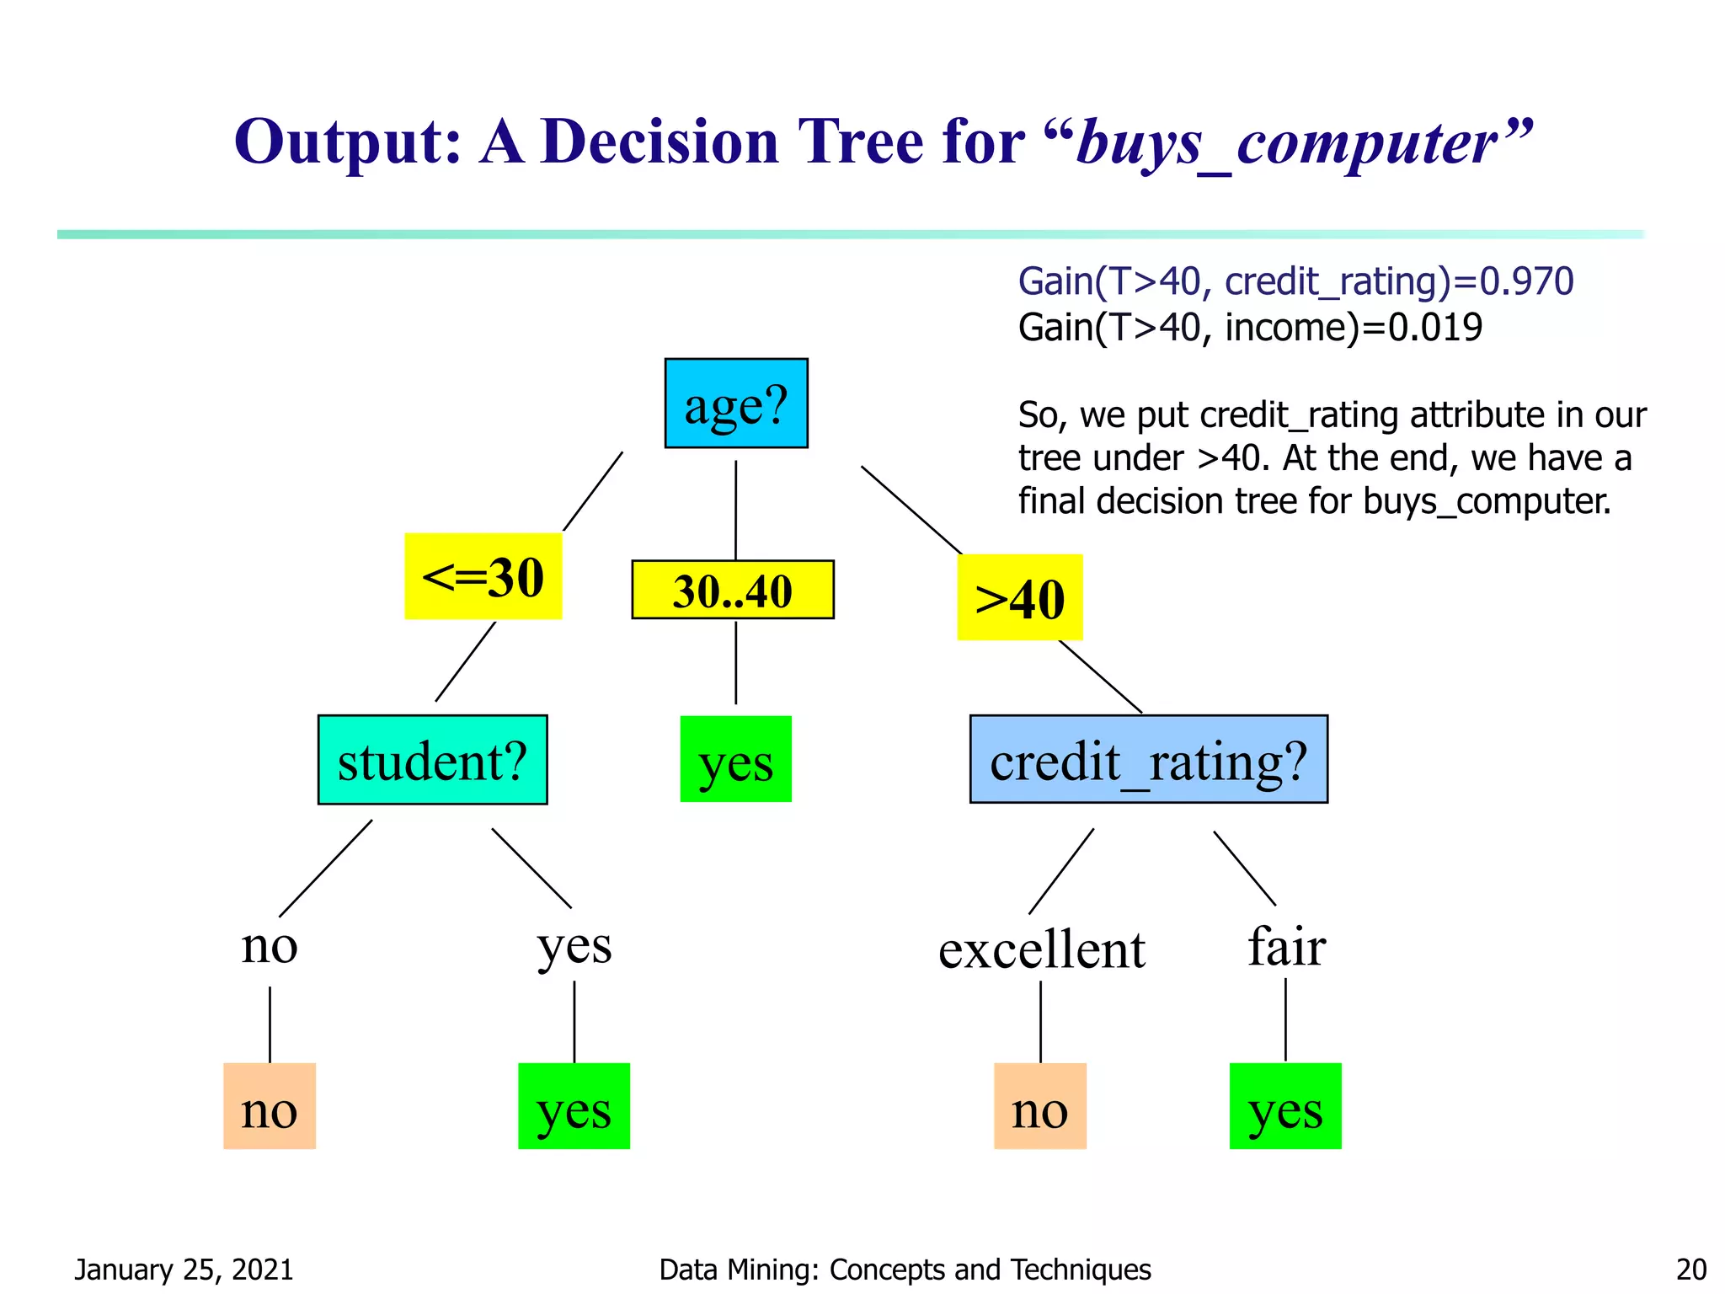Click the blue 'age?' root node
[x=736, y=404]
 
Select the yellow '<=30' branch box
[x=483, y=577]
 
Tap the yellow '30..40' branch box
[x=733, y=590]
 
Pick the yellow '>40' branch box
[x=1019, y=598]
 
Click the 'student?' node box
[x=432, y=760]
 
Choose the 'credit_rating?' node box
[x=1148, y=760]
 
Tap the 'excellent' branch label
[x=1041, y=949]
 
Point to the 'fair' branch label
[x=1286, y=946]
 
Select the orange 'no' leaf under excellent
[x=1039, y=1107]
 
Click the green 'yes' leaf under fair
[x=1285, y=1107]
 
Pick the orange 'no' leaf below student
[x=270, y=1107]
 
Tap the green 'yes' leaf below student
[x=574, y=1107]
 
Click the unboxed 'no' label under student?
[x=270, y=945]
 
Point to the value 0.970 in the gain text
[x=1526, y=281]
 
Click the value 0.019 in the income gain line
[x=1435, y=328]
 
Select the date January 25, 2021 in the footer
[x=184, y=1270]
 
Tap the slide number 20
[x=1691, y=1270]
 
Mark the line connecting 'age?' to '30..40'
[x=736, y=510]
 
